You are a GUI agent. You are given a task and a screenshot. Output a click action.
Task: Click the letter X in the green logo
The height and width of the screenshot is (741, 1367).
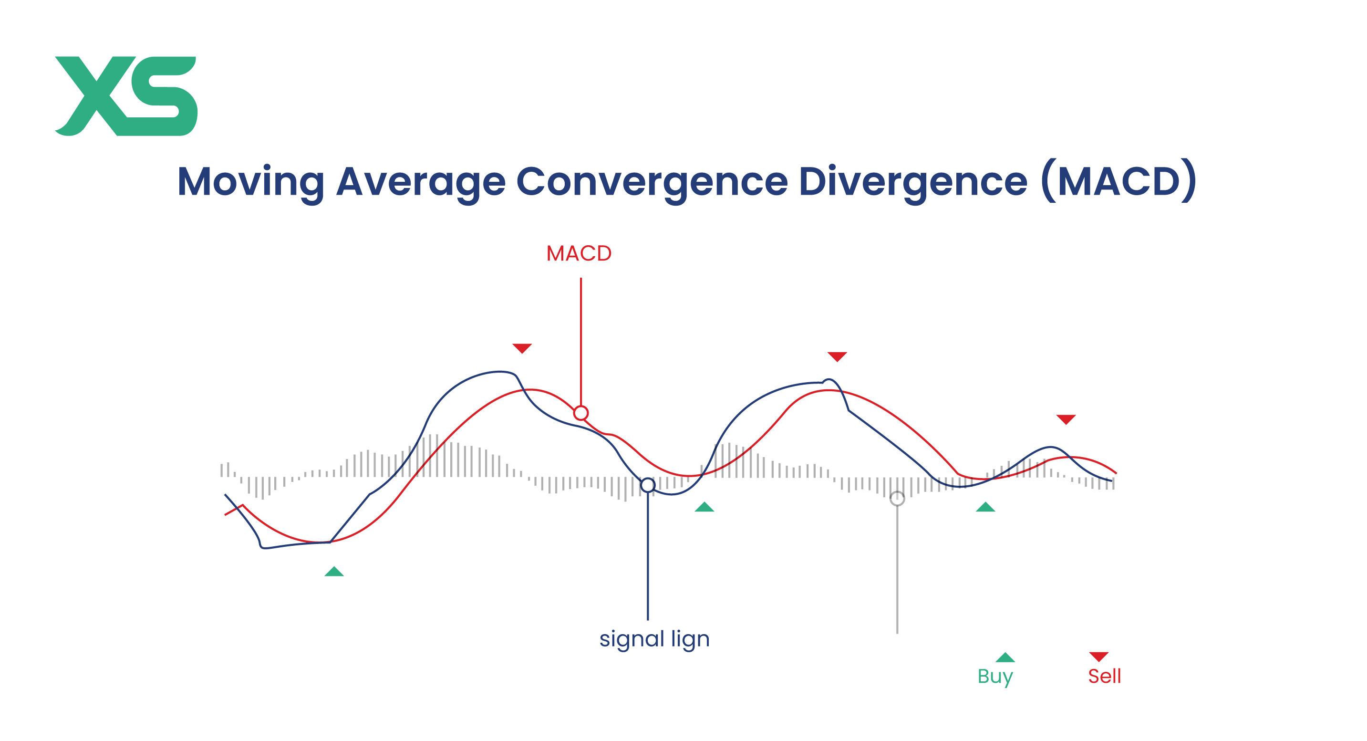pos(95,96)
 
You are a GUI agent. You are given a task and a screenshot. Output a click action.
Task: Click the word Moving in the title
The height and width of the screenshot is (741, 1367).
pos(250,182)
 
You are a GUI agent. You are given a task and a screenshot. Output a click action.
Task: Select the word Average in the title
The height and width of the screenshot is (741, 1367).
pos(421,182)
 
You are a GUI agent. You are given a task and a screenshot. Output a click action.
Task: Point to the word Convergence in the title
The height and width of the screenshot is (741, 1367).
pos(652,182)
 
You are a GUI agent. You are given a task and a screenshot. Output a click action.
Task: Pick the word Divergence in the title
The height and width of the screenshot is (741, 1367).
pos(913,182)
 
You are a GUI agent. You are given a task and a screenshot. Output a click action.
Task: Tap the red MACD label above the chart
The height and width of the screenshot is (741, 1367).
pos(579,254)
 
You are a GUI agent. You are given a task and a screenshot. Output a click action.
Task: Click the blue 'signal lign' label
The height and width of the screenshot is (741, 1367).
pos(654,639)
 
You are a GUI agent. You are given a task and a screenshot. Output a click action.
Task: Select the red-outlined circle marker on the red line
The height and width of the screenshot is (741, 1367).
pos(581,413)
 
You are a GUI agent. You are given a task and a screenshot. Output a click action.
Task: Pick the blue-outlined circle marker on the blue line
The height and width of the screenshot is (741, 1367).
pos(648,485)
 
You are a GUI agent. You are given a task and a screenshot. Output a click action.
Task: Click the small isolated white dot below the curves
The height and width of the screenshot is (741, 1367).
pos(897,499)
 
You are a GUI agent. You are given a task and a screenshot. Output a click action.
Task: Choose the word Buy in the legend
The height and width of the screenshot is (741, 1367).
pos(995,677)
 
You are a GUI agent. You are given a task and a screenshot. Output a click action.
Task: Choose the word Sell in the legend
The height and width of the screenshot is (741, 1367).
pos(1104,676)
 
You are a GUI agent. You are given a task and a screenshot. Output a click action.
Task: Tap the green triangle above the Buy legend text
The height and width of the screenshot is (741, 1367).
pos(1005,658)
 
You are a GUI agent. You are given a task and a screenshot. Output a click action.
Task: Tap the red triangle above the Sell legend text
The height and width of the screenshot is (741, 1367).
pos(1098,656)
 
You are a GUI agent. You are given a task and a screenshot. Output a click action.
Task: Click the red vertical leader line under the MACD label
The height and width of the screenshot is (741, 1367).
pos(581,340)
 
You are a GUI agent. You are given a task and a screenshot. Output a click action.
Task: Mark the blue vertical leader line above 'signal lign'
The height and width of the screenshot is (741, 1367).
pos(648,557)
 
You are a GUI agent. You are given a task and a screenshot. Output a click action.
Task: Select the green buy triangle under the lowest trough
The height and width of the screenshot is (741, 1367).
pos(334,572)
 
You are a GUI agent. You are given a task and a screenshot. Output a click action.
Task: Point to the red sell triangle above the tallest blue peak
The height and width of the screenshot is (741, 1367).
pos(522,348)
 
